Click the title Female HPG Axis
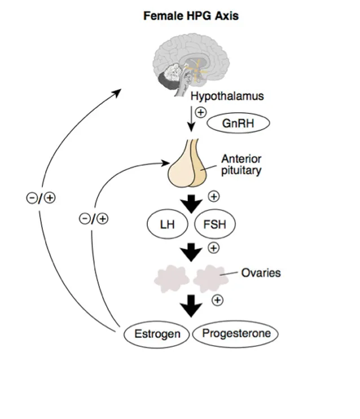pyautogui.click(x=191, y=16)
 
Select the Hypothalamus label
pyautogui.click(x=227, y=96)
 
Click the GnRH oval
pyautogui.click(x=238, y=124)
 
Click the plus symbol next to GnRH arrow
pyautogui.click(x=200, y=112)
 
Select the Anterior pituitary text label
pyautogui.click(x=241, y=164)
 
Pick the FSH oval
pyautogui.click(x=214, y=225)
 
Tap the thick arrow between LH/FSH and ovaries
pyautogui.click(x=192, y=252)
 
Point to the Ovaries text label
pyautogui.click(x=261, y=274)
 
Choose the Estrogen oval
pyautogui.click(x=156, y=334)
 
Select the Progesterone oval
pyautogui.click(x=236, y=333)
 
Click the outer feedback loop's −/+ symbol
pyautogui.click(x=42, y=198)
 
